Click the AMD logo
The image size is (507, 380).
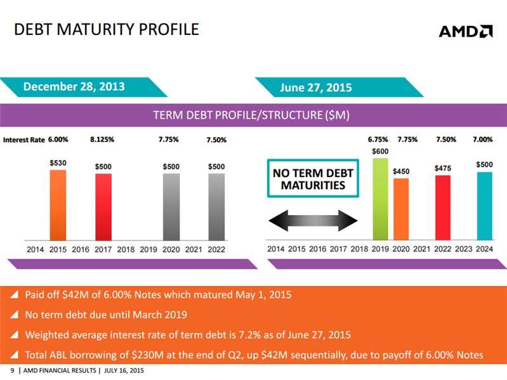click(x=466, y=31)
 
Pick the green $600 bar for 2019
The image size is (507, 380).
click(x=380, y=200)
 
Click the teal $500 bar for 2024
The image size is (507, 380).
click(x=484, y=207)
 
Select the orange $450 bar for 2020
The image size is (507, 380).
click(x=401, y=210)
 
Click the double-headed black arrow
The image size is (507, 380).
click(x=313, y=221)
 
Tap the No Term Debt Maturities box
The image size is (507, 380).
click(x=313, y=180)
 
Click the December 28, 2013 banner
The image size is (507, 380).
click(x=75, y=87)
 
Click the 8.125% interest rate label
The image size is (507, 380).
click(x=102, y=140)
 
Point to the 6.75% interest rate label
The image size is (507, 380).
click(x=379, y=140)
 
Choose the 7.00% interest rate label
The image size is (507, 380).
click(x=484, y=140)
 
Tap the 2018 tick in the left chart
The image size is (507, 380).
click(x=126, y=249)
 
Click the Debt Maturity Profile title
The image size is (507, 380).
click(x=106, y=29)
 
